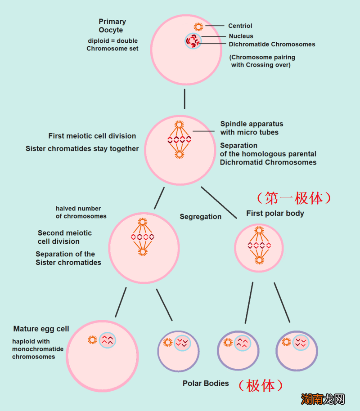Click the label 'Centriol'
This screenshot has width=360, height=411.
(240, 26)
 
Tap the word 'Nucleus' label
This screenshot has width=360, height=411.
(241, 36)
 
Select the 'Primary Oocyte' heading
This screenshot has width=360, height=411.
(112, 26)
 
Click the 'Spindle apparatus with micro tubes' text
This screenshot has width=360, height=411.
(252, 128)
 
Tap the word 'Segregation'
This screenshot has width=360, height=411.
(200, 217)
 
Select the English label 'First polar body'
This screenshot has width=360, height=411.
(275, 213)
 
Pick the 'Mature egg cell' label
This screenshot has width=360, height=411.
(41, 329)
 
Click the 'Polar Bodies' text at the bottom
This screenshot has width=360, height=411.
(206, 384)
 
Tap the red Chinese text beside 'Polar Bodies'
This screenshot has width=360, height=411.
(261, 385)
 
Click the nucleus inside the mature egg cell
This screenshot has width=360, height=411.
(108, 340)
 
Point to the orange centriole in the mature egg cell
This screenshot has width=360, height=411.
(92, 340)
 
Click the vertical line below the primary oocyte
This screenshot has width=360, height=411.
(184, 99)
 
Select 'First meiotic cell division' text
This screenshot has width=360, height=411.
(92, 136)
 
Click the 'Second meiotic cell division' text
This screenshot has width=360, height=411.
(64, 237)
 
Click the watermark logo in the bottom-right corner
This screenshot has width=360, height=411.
(323, 398)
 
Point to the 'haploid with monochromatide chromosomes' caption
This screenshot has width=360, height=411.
(38, 349)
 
